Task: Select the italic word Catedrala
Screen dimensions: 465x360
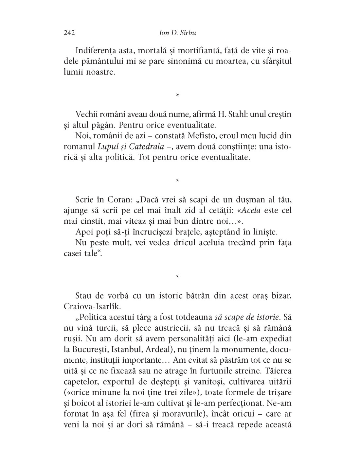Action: pos(146,146)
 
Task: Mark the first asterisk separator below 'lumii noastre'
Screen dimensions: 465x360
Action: pos(177,95)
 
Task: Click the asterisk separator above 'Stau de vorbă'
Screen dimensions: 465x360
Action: pos(177,277)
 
